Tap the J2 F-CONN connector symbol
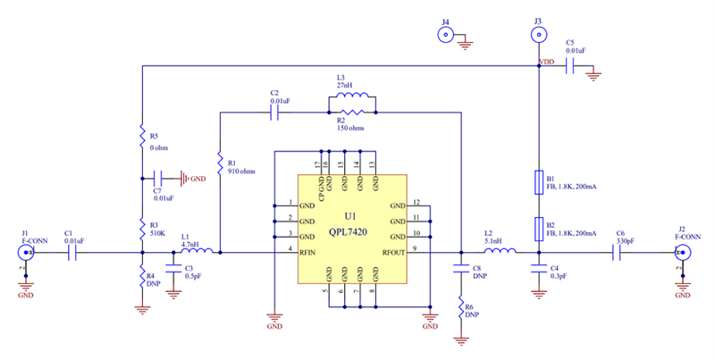(x=682, y=253)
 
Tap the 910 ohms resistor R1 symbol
(x=219, y=163)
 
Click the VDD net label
(x=549, y=62)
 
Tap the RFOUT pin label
(x=393, y=253)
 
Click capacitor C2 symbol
(x=277, y=113)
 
